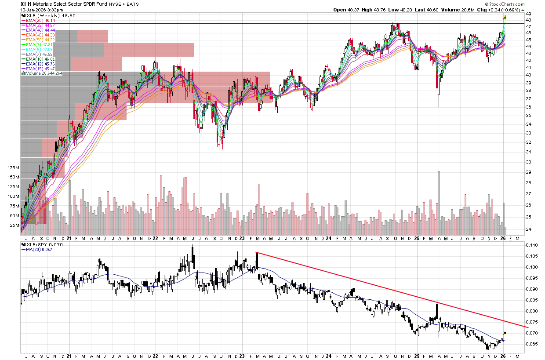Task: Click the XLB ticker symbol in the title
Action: tap(25, 4)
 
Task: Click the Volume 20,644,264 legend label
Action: tap(44, 73)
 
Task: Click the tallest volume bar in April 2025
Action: tap(439, 198)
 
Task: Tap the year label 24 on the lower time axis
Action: tap(329, 355)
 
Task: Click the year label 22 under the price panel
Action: tap(155, 238)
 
